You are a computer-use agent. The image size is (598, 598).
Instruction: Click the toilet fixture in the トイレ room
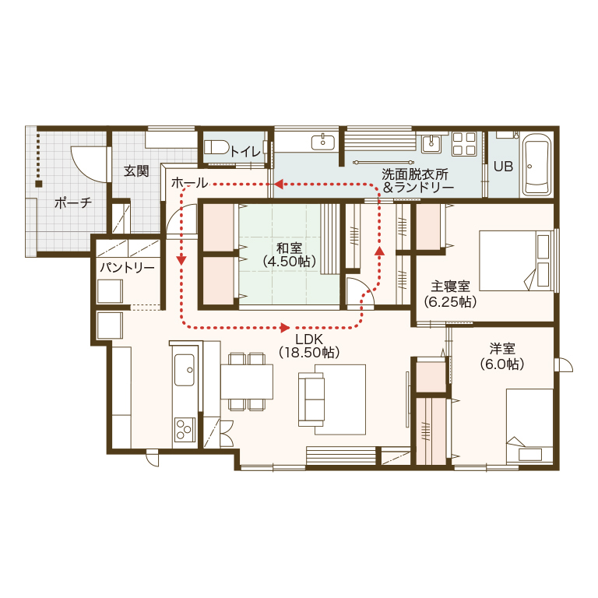(216, 148)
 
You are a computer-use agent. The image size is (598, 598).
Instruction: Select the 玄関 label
(136, 171)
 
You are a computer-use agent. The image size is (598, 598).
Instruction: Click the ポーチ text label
(73, 202)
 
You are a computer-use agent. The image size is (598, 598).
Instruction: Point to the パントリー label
(127, 267)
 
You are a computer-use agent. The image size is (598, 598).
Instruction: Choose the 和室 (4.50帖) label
(290, 255)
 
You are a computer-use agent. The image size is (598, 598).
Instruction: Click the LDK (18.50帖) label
(309, 346)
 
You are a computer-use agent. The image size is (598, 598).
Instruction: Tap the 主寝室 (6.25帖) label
(450, 294)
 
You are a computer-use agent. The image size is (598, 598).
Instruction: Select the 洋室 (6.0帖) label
(502, 356)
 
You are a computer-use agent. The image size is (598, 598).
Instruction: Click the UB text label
(504, 167)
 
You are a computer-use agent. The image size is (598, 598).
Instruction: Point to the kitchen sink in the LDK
(185, 370)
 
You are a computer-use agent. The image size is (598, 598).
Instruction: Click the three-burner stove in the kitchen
(185, 429)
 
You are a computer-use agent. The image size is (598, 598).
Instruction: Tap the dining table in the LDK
(247, 382)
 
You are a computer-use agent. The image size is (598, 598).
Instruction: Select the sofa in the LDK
(311, 399)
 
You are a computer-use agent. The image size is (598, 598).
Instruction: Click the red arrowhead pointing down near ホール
(181, 260)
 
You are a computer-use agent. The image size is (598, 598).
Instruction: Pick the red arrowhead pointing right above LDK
(284, 327)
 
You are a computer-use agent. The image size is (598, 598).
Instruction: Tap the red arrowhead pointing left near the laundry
(279, 185)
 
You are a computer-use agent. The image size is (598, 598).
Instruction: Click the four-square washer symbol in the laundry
(464, 144)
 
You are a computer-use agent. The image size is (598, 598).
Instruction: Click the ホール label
(189, 183)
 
